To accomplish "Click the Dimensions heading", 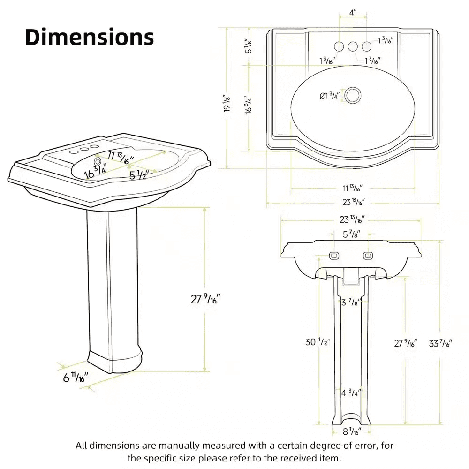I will [89, 37].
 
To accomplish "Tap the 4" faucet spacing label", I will [353, 13].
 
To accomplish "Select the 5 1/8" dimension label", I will [249, 45].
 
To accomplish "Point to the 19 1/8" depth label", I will [227, 103].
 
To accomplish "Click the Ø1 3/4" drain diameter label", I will [329, 96].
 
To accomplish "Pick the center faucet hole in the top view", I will [353, 46].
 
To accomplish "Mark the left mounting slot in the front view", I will [334, 256].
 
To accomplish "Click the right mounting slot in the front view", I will [368, 256].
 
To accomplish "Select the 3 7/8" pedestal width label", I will [351, 303].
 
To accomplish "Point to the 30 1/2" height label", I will [318, 342].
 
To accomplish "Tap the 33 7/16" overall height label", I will [440, 344].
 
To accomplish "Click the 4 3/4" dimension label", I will [351, 393].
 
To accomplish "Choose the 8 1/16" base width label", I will [351, 431].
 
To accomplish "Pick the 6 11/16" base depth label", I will [76, 377].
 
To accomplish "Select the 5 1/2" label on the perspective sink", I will [139, 175].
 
